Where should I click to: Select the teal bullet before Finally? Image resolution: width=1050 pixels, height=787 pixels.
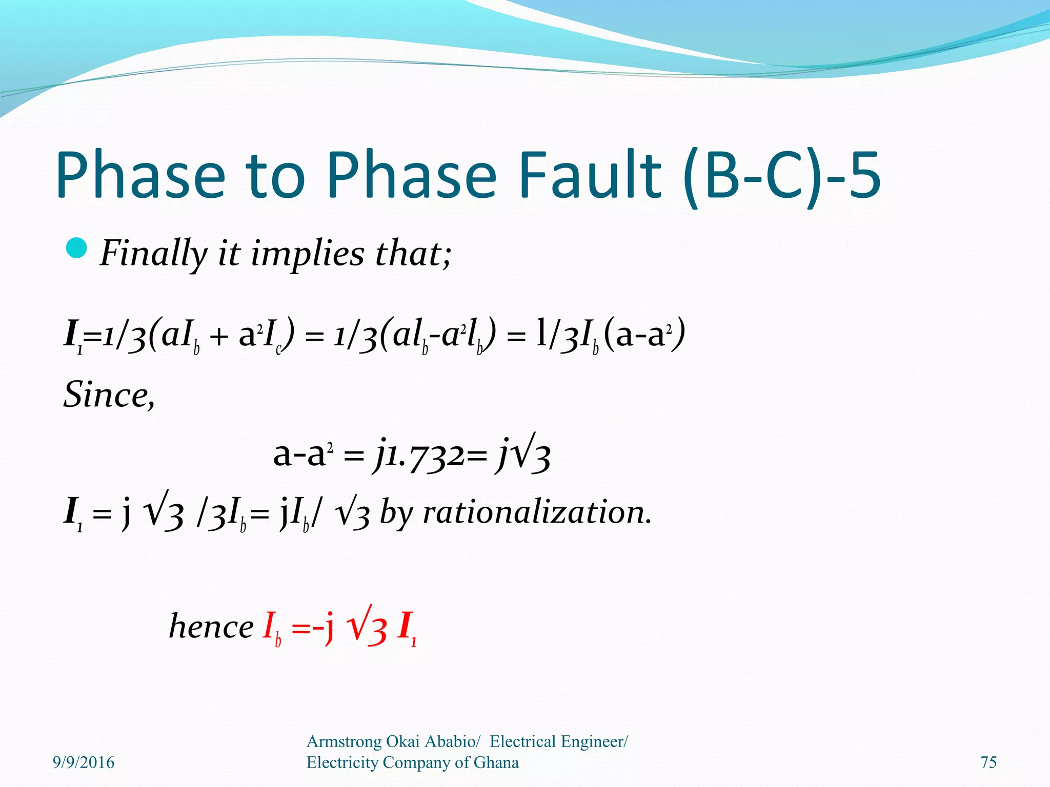coord(77,248)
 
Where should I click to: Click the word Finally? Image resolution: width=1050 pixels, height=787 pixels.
coord(153,254)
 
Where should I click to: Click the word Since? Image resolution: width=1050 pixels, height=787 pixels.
coord(108,395)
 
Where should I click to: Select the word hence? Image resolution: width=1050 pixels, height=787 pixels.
coord(211,627)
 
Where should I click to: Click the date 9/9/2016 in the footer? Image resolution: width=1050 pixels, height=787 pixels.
coord(84,762)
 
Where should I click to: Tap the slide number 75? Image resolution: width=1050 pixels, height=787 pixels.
coord(988,762)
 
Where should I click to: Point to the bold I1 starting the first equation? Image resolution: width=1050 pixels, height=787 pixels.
coord(72,336)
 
